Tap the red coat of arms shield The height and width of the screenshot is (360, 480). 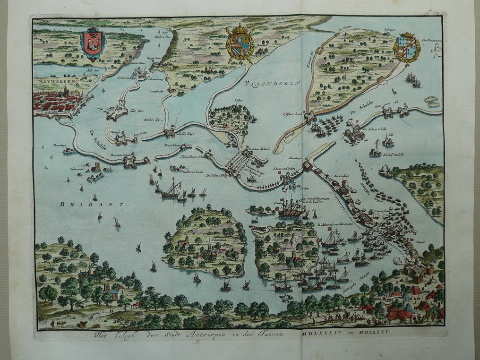click(x=93, y=44)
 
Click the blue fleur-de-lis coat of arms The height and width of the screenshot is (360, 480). click(x=407, y=47)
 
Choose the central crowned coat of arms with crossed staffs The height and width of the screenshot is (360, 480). click(x=240, y=43)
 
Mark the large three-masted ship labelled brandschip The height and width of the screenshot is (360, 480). click(x=291, y=208)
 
